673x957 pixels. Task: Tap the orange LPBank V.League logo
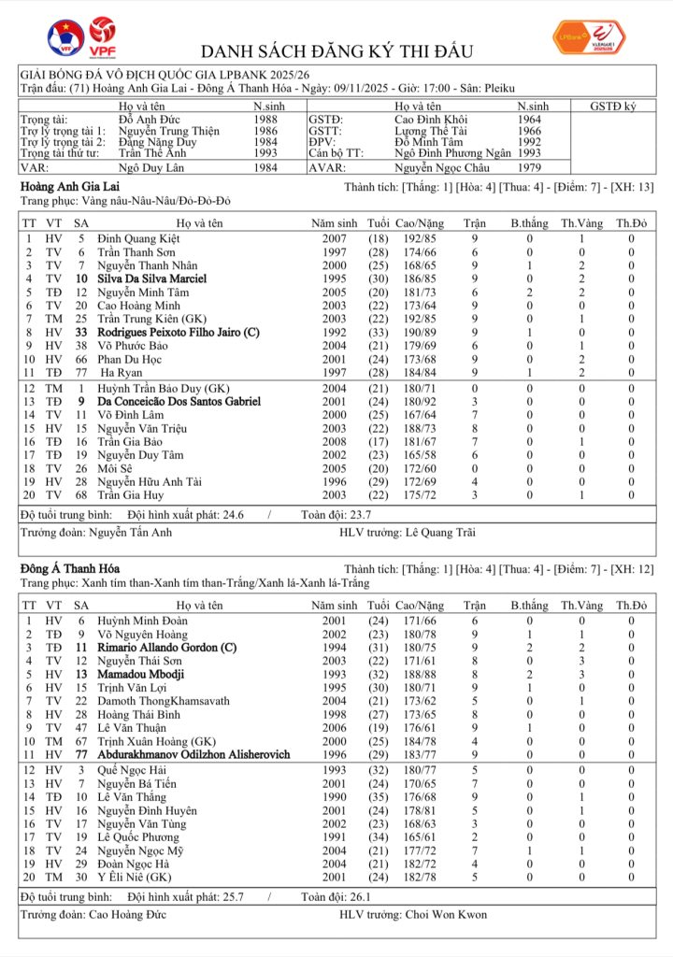pyautogui.click(x=589, y=36)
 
